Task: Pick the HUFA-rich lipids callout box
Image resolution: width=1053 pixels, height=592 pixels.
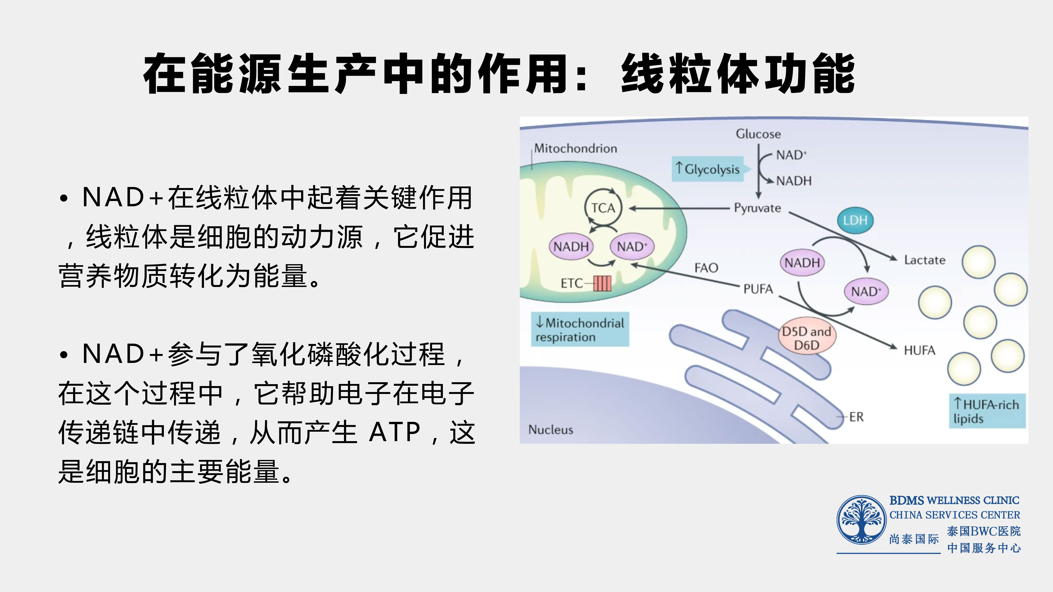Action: [x=987, y=411]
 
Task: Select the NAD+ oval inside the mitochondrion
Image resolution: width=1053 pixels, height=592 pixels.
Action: [x=632, y=246]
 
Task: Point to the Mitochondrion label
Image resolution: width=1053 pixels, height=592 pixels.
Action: [x=576, y=148]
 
